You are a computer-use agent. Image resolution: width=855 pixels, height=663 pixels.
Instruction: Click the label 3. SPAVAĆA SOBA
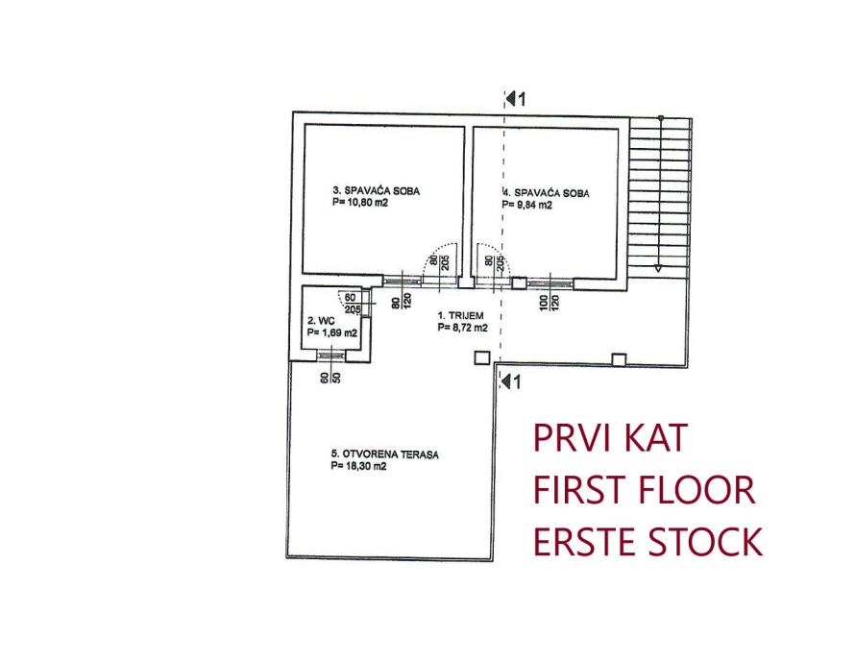coord(376,191)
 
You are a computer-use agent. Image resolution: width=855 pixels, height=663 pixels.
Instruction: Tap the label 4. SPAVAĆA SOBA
coord(546,193)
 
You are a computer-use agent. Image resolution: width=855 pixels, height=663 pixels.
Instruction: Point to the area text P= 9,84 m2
coord(528,205)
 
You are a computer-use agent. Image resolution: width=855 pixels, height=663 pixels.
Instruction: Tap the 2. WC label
coord(319,321)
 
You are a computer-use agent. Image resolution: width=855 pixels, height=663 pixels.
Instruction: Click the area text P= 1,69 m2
coord(332,333)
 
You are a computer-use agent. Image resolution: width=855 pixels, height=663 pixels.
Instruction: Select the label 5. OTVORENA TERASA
coord(384,454)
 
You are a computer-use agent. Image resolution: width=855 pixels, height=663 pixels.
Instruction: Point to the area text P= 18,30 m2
coord(359,466)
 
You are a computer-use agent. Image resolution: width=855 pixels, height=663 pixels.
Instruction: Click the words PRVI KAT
coord(611,439)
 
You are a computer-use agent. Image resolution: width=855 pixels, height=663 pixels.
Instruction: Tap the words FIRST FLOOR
coord(644,491)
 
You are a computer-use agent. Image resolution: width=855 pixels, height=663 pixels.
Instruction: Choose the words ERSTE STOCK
coord(647,543)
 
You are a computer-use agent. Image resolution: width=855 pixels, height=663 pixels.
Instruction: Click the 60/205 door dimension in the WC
coord(351,304)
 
